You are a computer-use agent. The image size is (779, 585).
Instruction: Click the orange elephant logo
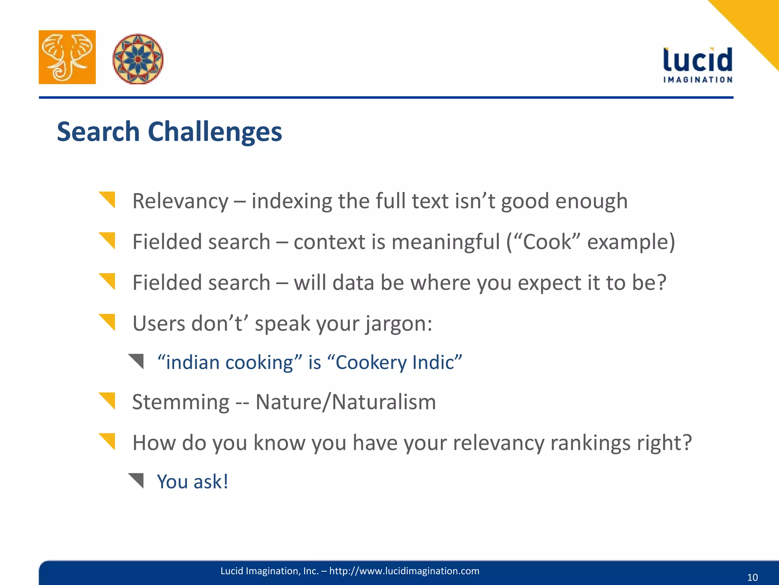[x=67, y=57]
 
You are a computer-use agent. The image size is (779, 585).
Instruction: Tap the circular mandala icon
[x=138, y=59]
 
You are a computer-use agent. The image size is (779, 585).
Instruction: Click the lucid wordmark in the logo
[x=698, y=60]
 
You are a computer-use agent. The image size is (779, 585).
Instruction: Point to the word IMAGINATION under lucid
[x=698, y=80]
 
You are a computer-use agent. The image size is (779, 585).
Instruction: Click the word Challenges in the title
[x=215, y=132]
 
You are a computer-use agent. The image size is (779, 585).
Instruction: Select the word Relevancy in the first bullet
[x=180, y=201]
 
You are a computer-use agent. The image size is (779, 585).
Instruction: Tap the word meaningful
[x=445, y=242]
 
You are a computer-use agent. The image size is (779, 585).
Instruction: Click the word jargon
[x=398, y=324]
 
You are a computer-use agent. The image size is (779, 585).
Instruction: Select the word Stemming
[x=181, y=403]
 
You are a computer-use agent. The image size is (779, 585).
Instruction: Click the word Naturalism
[x=384, y=402]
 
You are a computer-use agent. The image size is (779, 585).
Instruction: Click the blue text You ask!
[x=192, y=482]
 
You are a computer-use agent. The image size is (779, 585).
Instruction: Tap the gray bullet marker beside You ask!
[x=137, y=480]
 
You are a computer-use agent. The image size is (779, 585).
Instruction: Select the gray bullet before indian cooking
[x=137, y=361]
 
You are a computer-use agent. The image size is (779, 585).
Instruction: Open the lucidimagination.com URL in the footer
[x=404, y=571]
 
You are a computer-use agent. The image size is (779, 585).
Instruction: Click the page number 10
[x=752, y=577]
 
